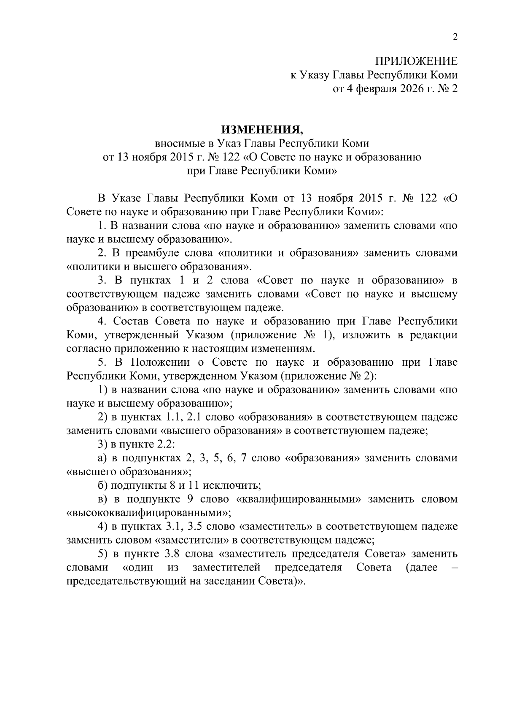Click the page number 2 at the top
455,37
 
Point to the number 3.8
172,554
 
